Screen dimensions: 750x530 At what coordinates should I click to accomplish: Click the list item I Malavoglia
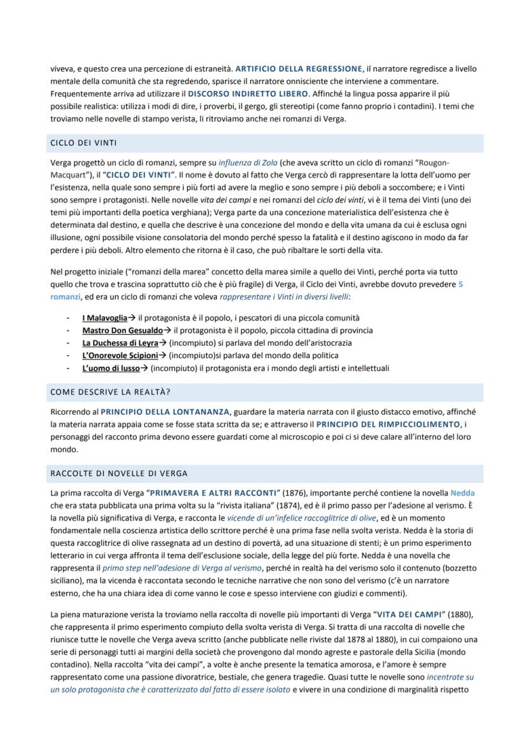click(x=104, y=318)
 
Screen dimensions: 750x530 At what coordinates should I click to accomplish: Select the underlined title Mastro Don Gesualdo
click(x=122, y=330)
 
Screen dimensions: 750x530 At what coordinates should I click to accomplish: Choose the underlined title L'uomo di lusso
click(x=111, y=368)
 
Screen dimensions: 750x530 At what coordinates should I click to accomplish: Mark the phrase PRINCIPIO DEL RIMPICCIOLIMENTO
click(x=388, y=424)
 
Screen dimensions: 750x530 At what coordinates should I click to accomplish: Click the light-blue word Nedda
click(x=462, y=493)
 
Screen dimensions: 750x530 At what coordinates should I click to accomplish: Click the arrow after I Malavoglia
click(x=131, y=318)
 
